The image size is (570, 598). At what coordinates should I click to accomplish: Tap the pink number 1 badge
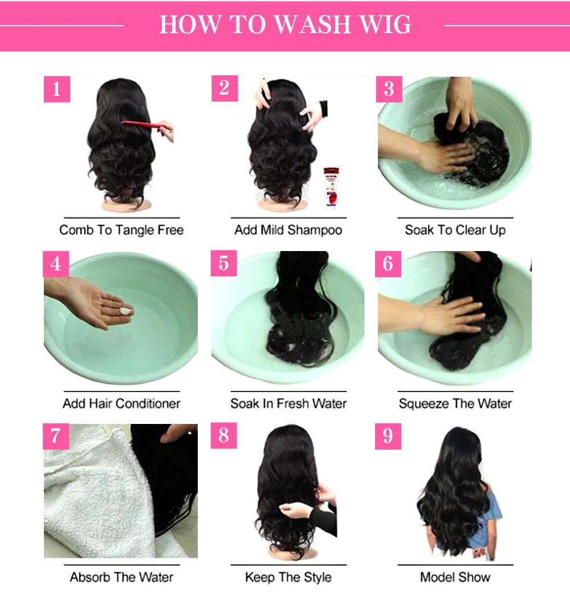click(x=56, y=89)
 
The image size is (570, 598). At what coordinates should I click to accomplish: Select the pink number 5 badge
click(x=224, y=263)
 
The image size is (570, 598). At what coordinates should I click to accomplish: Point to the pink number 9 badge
click(x=388, y=437)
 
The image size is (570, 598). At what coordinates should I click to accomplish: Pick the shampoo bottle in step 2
click(x=330, y=186)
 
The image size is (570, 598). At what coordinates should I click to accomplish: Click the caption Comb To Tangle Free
click(x=121, y=231)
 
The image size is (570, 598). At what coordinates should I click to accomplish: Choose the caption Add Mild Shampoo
click(x=288, y=231)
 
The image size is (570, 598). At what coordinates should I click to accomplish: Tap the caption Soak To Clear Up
click(x=455, y=231)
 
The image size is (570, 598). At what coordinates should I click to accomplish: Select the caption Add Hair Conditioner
click(x=121, y=403)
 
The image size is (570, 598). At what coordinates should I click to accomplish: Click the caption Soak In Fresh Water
click(x=288, y=403)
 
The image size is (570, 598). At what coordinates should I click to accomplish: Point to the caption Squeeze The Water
click(x=455, y=403)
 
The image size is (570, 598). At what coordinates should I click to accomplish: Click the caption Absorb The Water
click(x=121, y=577)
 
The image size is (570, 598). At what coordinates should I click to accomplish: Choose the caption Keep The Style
click(x=288, y=577)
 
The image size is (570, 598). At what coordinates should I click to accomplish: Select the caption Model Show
click(x=455, y=577)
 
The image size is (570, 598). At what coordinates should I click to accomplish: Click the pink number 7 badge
click(x=56, y=437)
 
